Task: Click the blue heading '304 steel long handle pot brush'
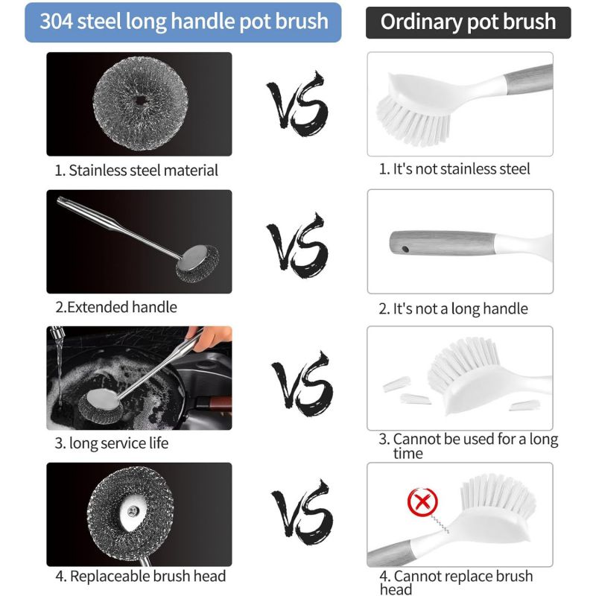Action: point(184,22)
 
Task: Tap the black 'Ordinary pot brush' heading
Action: point(468,22)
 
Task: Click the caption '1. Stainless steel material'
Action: point(136,170)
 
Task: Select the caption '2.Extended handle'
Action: point(116,307)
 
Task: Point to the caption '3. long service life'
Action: point(111,443)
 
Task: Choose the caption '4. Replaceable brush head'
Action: point(140,576)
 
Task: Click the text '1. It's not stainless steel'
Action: point(454,169)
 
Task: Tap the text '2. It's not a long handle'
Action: point(453,308)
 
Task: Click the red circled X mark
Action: point(422,502)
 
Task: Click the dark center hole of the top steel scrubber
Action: point(141,101)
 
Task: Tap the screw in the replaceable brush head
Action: point(133,511)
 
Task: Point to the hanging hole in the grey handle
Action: point(405,250)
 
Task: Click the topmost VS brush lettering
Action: point(297,104)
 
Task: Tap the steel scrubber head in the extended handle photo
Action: point(197,264)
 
